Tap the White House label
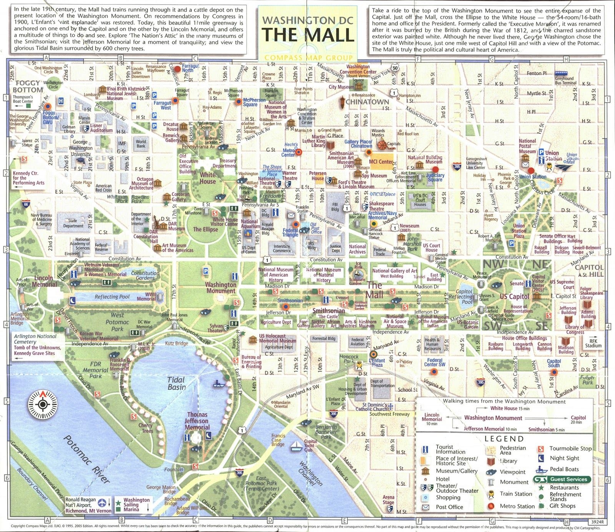coord(208,178)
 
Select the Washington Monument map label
coord(221,288)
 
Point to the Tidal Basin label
coord(176,383)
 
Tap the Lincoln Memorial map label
coord(44,281)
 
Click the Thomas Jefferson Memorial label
coord(197,421)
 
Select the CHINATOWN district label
coord(367,102)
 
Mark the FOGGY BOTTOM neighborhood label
coord(28,86)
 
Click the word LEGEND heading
coord(504,439)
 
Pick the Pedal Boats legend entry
coord(564,469)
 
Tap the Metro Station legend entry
coord(517,506)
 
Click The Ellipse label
coord(205,229)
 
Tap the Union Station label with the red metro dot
coord(533,176)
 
